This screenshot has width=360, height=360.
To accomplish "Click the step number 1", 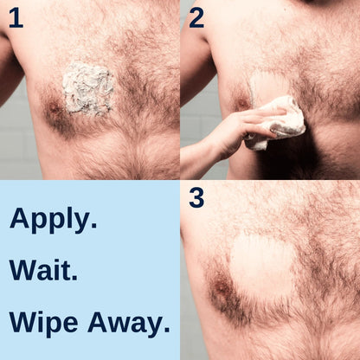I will [x=15, y=17].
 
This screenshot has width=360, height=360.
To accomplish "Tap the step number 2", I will [x=196, y=17].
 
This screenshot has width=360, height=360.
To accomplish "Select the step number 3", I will [x=197, y=198].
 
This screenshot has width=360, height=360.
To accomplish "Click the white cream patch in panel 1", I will [x=88, y=88].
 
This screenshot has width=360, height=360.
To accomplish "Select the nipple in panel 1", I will [x=55, y=110].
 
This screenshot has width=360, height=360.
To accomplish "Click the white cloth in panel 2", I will [x=279, y=121].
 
